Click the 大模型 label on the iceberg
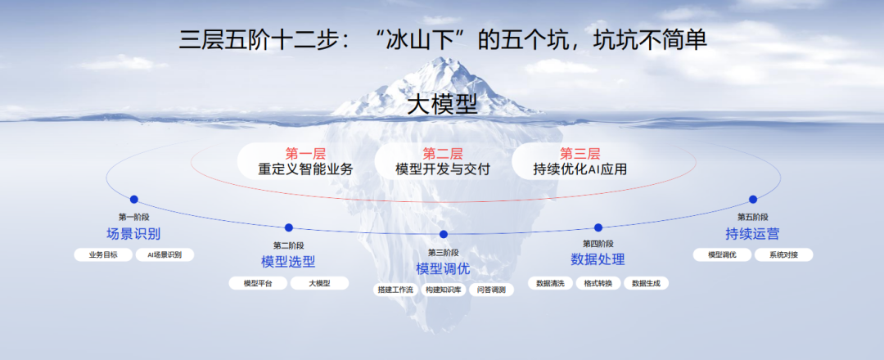(x=443, y=105)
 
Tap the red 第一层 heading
(x=305, y=153)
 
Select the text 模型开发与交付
(x=443, y=169)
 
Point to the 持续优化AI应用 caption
(x=580, y=169)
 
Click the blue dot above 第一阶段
(x=133, y=199)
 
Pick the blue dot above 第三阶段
(x=443, y=234)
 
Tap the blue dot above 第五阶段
(x=753, y=199)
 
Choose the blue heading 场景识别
(x=133, y=233)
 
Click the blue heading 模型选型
(x=288, y=261)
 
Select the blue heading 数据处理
(x=598, y=259)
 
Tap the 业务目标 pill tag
(x=103, y=254)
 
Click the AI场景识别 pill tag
(x=165, y=254)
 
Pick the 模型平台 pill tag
(x=258, y=283)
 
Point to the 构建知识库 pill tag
(x=443, y=290)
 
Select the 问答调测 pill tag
(x=491, y=290)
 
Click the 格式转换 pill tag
(x=598, y=283)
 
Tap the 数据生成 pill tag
(x=646, y=283)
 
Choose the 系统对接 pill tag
(x=783, y=254)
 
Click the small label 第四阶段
(x=598, y=243)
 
